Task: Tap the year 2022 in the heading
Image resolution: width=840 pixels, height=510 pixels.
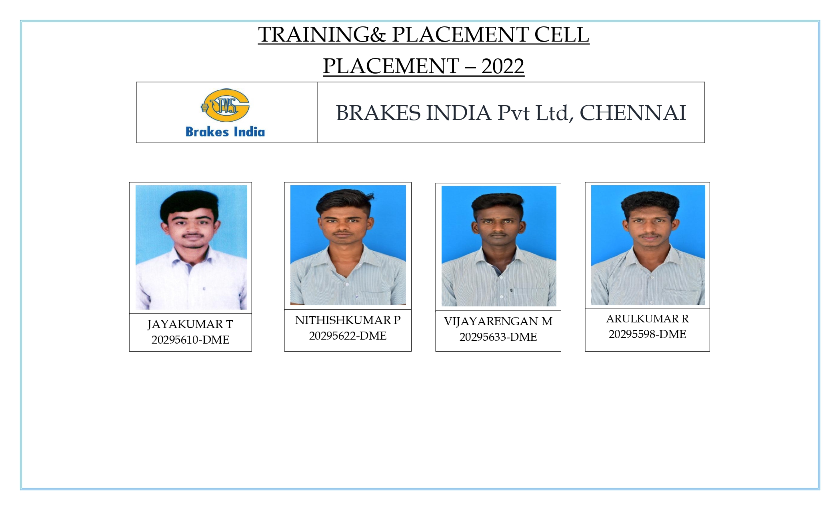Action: [503, 66]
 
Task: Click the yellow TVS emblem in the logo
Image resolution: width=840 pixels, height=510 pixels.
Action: [226, 105]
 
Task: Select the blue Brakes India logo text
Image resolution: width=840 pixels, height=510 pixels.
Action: [225, 132]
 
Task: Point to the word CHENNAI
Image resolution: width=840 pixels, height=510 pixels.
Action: [633, 113]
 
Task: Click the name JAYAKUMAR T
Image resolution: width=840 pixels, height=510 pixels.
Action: [190, 324]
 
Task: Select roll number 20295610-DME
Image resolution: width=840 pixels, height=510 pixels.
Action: [190, 340]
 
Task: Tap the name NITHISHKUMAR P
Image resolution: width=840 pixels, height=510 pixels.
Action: [348, 320]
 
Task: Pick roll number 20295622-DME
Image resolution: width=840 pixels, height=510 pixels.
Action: [348, 336]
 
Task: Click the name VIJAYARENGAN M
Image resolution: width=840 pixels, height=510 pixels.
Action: [498, 321]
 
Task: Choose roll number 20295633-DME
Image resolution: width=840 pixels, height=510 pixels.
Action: [498, 337]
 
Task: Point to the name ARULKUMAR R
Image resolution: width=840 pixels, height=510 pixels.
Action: [647, 319]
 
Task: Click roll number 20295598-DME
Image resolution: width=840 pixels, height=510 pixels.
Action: [647, 334]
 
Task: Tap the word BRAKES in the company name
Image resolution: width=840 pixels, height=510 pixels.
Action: [378, 113]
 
